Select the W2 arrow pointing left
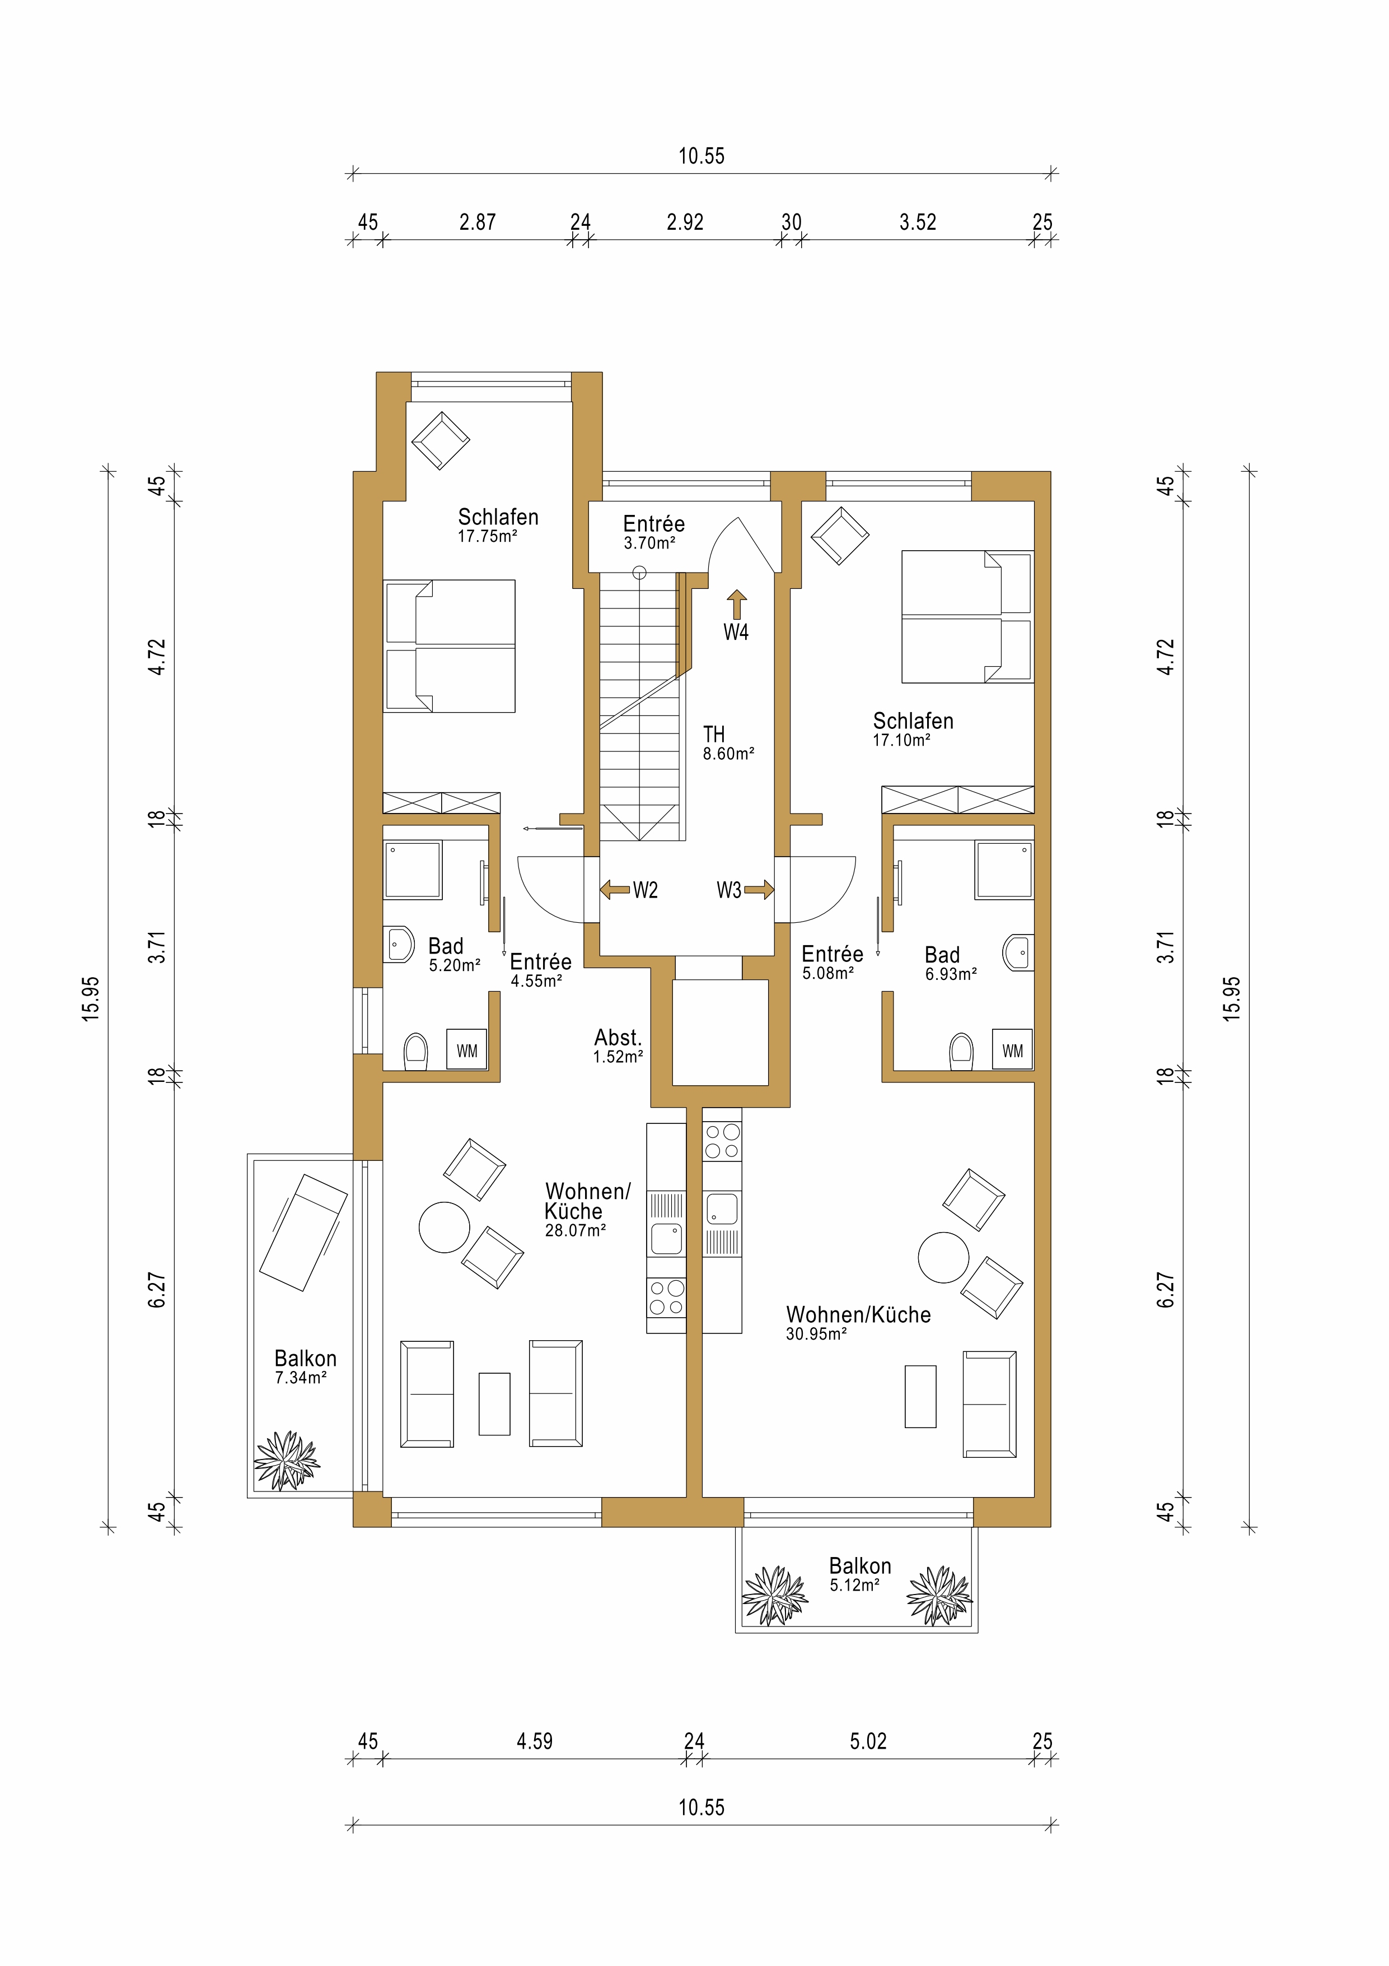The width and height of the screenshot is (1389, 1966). click(615, 890)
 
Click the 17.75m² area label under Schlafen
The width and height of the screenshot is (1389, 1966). click(487, 537)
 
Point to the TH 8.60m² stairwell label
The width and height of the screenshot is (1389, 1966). click(727, 744)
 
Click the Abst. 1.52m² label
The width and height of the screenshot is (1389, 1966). click(618, 1047)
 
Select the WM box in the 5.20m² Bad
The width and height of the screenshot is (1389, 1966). click(466, 1051)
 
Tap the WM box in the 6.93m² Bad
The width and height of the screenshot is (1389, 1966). click(1012, 1051)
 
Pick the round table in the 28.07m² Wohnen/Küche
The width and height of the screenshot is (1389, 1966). click(444, 1227)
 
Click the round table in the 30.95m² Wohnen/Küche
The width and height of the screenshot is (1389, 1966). click(943, 1257)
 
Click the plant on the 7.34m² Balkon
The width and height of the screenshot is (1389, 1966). click(287, 1460)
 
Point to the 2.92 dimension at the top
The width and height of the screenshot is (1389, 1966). click(685, 222)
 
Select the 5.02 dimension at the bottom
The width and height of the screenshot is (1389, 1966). click(868, 1741)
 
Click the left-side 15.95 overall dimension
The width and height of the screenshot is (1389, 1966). click(91, 998)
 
